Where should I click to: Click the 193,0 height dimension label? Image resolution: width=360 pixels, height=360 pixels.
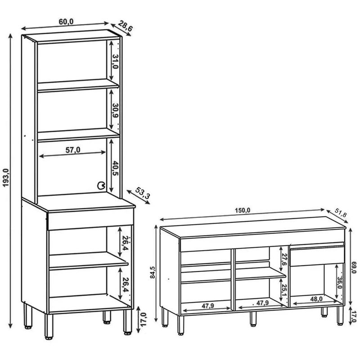[5, 177]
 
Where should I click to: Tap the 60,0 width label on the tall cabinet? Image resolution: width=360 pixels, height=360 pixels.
[66, 22]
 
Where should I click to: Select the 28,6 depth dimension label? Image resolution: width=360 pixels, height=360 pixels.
[126, 26]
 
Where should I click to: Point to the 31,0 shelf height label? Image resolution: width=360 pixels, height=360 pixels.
[115, 62]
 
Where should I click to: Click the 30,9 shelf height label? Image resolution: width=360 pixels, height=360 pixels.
[115, 110]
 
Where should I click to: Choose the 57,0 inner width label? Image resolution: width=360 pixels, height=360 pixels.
[73, 150]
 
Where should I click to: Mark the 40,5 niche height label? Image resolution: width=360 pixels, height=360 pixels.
[115, 168]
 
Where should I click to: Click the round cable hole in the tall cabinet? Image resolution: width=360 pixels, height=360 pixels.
[101, 185]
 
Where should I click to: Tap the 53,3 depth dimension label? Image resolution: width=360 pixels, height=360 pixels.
[143, 193]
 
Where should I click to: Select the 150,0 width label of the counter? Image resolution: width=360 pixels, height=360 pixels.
[242, 210]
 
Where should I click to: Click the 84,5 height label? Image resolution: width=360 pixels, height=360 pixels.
[153, 272]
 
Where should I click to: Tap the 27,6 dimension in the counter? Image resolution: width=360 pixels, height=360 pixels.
[284, 260]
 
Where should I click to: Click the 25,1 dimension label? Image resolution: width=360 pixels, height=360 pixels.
[284, 290]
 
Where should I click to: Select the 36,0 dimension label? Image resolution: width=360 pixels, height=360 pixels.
[340, 282]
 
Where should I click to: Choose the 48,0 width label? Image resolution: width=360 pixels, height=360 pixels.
[316, 299]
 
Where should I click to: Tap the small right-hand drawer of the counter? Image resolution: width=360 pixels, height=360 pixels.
[317, 256]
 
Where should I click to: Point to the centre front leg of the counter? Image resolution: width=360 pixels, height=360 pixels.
[253, 319]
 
